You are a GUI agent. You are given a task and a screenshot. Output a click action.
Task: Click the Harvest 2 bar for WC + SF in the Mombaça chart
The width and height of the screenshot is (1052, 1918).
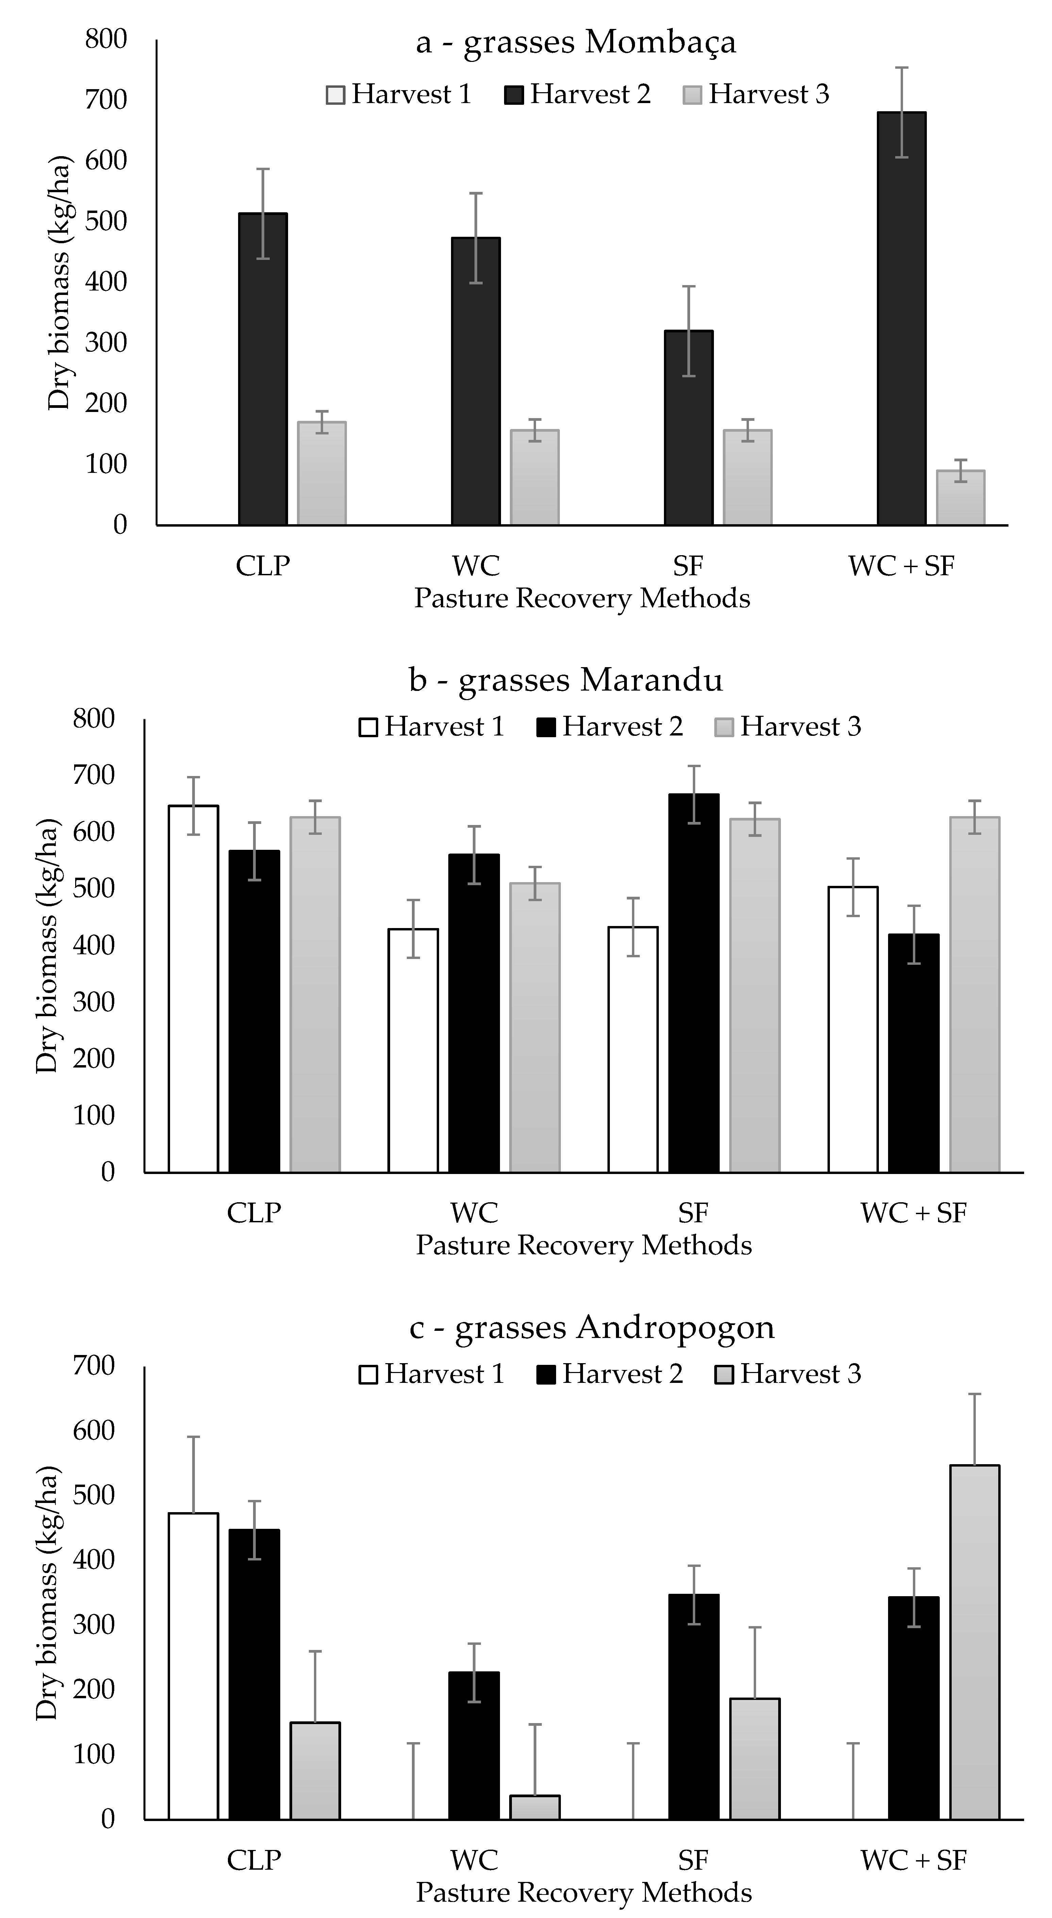click(x=902, y=319)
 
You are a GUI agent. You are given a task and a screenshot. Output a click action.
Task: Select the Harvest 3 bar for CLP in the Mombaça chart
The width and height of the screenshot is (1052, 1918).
click(x=322, y=474)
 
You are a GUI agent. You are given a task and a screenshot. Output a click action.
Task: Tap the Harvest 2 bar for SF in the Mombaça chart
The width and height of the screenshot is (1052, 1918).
click(x=689, y=428)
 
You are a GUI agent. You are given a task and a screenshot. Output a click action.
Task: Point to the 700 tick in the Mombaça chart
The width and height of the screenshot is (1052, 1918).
click(x=106, y=99)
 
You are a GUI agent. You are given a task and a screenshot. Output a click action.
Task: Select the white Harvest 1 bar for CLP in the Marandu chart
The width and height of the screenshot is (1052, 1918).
click(x=194, y=989)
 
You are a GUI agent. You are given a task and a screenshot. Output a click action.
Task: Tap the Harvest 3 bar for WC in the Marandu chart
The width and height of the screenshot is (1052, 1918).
click(x=535, y=1027)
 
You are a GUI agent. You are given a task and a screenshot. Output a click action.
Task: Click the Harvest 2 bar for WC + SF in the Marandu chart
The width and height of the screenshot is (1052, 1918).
click(x=914, y=1054)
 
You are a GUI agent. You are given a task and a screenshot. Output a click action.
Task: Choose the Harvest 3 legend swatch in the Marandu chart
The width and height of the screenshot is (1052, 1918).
click(x=724, y=727)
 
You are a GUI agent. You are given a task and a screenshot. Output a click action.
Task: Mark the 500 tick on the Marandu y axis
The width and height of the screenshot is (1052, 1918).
click(x=94, y=888)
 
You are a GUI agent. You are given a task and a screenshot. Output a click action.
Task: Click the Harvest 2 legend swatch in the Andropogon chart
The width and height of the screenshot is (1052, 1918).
click(x=546, y=1374)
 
